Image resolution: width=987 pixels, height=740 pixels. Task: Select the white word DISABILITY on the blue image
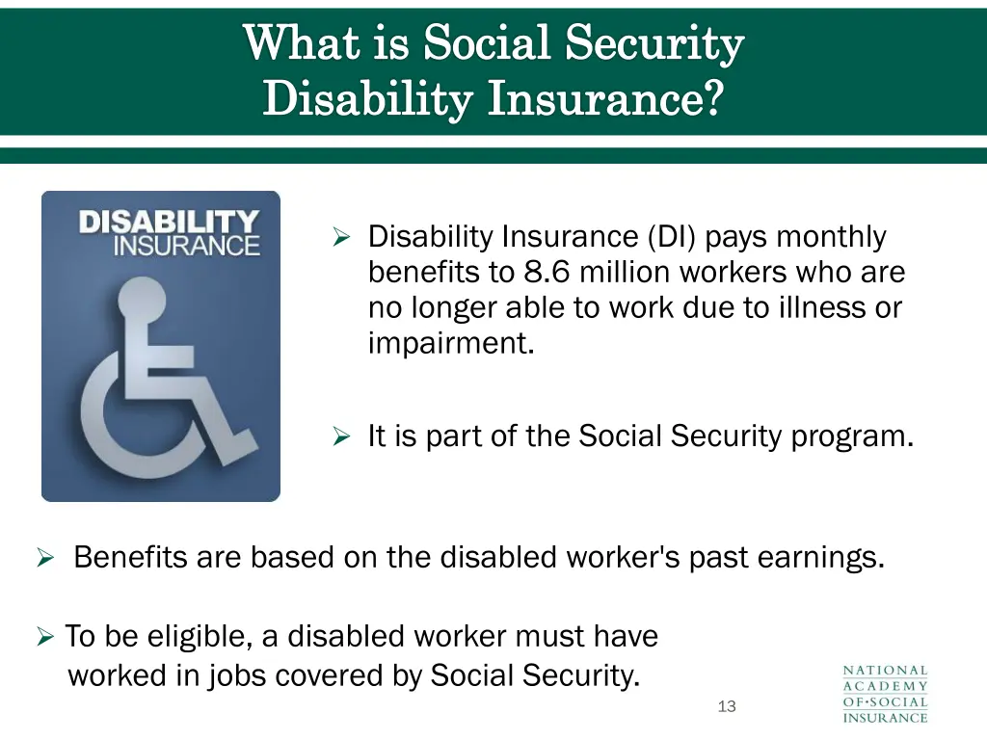[x=169, y=223]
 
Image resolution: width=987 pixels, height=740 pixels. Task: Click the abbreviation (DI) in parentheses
[x=671, y=236]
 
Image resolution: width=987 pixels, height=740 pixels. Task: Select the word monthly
[x=831, y=236]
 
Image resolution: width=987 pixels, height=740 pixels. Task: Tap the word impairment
[x=450, y=344]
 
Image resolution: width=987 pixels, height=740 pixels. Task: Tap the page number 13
[x=727, y=706]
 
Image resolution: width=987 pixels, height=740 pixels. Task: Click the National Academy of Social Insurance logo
[x=885, y=693]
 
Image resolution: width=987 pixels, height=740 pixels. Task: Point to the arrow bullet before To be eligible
[x=44, y=637]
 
